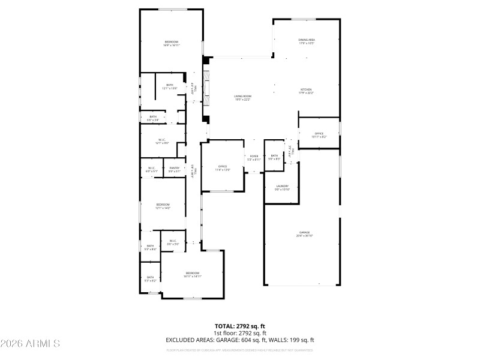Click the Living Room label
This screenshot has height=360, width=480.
[242, 96]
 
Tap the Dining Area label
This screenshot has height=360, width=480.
[307, 40]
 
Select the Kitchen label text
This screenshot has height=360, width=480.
[306, 89]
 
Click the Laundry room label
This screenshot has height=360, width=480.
[283, 187]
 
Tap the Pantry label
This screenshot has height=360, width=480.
[175, 168]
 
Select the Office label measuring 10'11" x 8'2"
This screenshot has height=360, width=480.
[319, 134]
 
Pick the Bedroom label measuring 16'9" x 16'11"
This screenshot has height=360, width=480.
[171, 41]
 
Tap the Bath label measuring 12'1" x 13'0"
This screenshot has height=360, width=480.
[170, 85]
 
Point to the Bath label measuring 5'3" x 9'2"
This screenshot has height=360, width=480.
[151, 277]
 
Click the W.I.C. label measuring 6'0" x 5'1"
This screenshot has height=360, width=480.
[151, 168]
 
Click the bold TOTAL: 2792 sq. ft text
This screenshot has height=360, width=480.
[240, 326]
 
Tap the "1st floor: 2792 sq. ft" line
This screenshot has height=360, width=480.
[240, 333]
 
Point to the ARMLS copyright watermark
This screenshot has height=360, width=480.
[30, 344]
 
